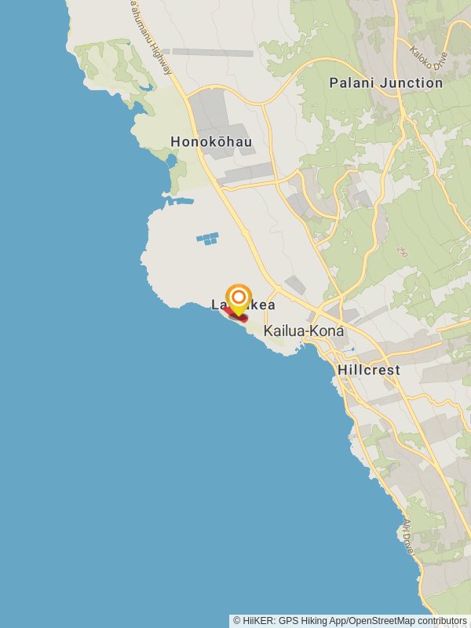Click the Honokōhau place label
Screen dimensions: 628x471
pyautogui.click(x=211, y=142)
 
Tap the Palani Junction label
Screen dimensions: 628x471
pyautogui.click(x=385, y=82)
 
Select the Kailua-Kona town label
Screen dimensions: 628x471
pyautogui.click(x=304, y=331)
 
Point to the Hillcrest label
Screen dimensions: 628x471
pyautogui.click(x=368, y=370)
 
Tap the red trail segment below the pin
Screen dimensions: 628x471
pyautogui.click(x=235, y=316)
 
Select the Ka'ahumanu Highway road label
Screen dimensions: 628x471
pyautogui.click(x=151, y=35)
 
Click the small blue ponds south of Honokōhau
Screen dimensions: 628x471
pyautogui.click(x=207, y=238)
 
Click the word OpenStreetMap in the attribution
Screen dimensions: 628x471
pyautogui.click(x=382, y=621)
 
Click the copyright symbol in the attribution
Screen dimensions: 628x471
pyautogui.click(x=237, y=621)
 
